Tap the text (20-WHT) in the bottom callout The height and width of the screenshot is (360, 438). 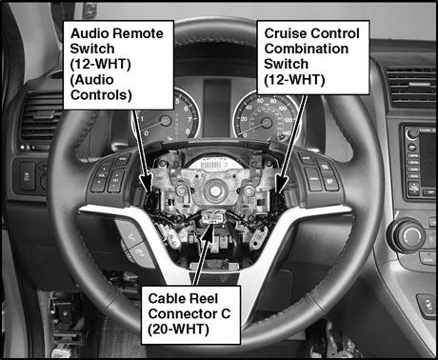pyautogui.click(x=178, y=330)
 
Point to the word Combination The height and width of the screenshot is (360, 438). pyautogui.click(x=307, y=49)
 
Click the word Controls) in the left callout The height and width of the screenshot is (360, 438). pyautogui.click(x=101, y=94)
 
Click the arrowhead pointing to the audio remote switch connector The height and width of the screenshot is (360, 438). pyautogui.click(x=147, y=184)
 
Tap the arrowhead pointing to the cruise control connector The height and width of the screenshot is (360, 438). pyautogui.click(x=281, y=184)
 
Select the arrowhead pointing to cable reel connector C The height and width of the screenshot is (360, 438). pyautogui.click(x=208, y=230)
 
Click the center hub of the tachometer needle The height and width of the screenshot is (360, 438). pyautogui.click(x=166, y=121)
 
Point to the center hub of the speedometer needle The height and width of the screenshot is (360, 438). pyautogui.click(x=266, y=123)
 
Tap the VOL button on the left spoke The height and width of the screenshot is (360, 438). pyautogui.click(x=102, y=175)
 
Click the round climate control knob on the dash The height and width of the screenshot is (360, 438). pyautogui.click(x=410, y=235)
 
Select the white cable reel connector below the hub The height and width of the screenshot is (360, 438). pyautogui.click(x=211, y=217)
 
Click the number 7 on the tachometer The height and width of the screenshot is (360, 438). pyautogui.click(x=189, y=120)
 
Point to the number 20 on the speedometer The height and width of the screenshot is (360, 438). pyautogui.click(x=244, y=119)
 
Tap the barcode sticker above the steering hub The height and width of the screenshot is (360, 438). pyautogui.click(x=211, y=165)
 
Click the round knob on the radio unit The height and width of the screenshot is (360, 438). pyautogui.click(x=412, y=133)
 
